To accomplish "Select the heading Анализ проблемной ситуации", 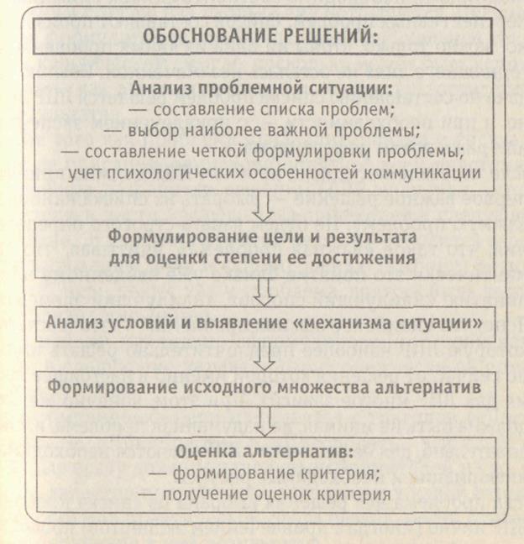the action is pyautogui.click(x=263, y=90).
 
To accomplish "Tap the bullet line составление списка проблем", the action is pyautogui.click(x=263, y=110).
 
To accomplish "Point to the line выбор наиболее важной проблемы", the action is pyautogui.click(x=263, y=131).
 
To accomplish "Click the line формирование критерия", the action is pyautogui.click(x=263, y=473).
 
